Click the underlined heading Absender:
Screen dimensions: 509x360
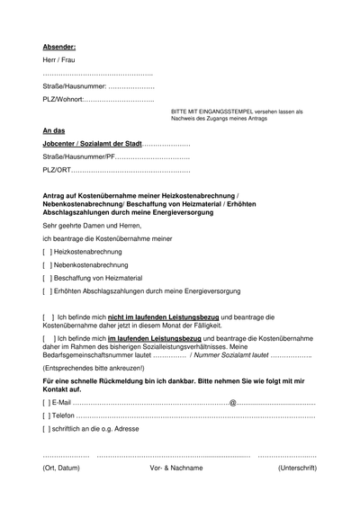[x=58, y=45]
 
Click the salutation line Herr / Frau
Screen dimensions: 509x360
[x=58, y=59]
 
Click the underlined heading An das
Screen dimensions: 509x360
[x=54, y=131]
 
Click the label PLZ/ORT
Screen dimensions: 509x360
[x=57, y=170]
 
